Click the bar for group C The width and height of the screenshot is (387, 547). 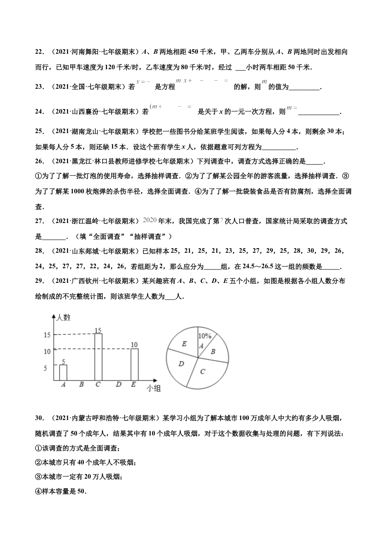click(x=98, y=357)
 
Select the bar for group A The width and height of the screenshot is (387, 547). click(x=63, y=372)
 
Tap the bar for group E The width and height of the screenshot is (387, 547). click(x=134, y=365)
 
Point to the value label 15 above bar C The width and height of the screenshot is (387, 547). click(x=98, y=330)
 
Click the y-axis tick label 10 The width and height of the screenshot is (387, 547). click(x=47, y=351)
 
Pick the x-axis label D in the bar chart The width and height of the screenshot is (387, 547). click(x=119, y=384)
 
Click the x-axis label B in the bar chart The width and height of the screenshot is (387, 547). click(x=81, y=384)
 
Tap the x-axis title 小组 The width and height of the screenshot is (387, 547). click(x=154, y=388)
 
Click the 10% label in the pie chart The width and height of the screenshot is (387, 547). click(x=204, y=336)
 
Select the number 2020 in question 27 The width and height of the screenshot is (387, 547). click(x=150, y=220)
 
